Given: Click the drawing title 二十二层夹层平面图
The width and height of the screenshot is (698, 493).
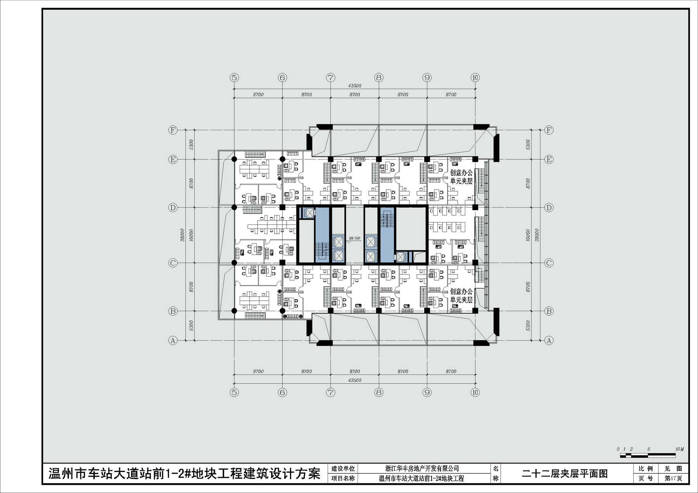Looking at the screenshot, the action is pyautogui.click(x=565, y=473).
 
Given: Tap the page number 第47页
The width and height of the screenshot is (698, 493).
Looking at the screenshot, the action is pyautogui.click(x=673, y=478).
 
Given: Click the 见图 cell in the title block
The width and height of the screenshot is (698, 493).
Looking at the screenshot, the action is pyautogui.click(x=673, y=469).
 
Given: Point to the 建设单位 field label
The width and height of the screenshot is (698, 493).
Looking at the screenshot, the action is pyautogui.click(x=343, y=469).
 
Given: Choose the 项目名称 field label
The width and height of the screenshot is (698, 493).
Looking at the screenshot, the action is pyautogui.click(x=343, y=478).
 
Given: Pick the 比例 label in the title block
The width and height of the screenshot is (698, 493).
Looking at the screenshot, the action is pyautogui.click(x=645, y=469).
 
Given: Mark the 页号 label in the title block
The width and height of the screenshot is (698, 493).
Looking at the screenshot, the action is pyautogui.click(x=645, y=478).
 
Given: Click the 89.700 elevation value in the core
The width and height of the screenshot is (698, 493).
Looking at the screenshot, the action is pyautogui.click(x=354, y=238).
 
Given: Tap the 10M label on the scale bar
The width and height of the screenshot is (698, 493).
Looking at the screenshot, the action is pyautogui.click(x=679, y=449).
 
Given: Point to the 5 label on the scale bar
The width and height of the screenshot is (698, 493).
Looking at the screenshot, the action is pyautogui.click(x=649, y=449).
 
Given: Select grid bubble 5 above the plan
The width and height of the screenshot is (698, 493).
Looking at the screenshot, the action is pyautogui.click(x=234, y=78).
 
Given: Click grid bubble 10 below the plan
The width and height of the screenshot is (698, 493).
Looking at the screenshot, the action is pyautogui.click(x=475, y=392).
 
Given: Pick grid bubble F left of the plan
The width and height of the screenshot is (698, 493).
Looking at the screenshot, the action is pyautogui.click(x=173, y=130).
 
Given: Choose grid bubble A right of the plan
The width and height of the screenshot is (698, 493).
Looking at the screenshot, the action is pyautogui.click(x=549, y=340).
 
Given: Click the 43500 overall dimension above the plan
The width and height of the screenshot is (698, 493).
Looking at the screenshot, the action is pyautogui.click(x=355, y=86).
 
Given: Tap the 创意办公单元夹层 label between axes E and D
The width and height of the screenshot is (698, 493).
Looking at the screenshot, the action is pyautogui.click(x=461, y=177).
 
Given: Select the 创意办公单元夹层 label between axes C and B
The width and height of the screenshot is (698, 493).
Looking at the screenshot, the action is pyautogui.click(x=461, y=296).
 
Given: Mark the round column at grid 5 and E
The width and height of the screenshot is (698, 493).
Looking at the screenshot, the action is pyautogui.click(x=234, y=159).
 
